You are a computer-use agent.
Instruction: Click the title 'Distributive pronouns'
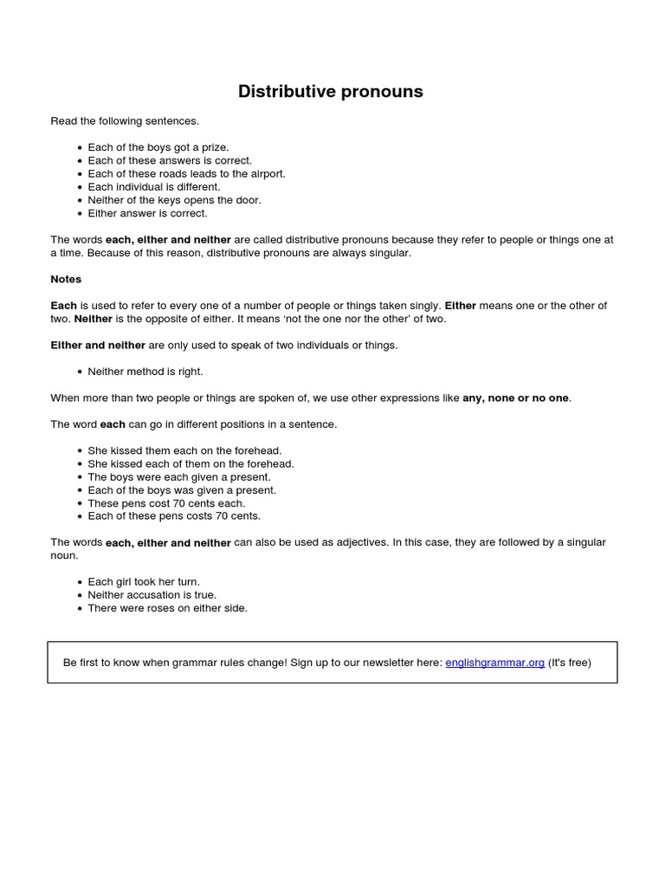click(331, 92)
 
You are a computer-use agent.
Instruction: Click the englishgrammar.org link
click(494, 663)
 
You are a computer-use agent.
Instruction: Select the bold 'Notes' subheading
click(66, 280)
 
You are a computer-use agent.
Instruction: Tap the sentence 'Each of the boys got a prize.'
click(158, 147)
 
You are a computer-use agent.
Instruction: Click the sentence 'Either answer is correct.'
click(147, 213)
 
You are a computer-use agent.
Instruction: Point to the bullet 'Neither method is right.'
click(145, 372)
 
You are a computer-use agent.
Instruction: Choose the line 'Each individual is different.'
click(154, 186)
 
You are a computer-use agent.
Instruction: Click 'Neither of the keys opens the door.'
click(174, 200)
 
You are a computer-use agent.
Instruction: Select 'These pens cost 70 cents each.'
click(166, 503)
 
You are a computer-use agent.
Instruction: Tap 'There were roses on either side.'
click(167, 608)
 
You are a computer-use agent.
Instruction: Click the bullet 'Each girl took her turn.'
click(144, 582)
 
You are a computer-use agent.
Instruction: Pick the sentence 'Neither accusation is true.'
click(152, 595)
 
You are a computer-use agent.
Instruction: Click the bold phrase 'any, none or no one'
click(516, 398)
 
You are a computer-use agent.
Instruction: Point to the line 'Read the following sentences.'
click(125, 121)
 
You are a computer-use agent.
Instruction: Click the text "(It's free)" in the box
click(570, 663)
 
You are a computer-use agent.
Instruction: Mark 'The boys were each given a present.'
click(179, 477)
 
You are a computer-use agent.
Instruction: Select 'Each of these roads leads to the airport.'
click(186, 173)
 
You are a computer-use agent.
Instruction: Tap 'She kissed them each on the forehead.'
click(184, 450)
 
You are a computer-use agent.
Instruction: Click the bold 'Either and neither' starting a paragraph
click(98, 346)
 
